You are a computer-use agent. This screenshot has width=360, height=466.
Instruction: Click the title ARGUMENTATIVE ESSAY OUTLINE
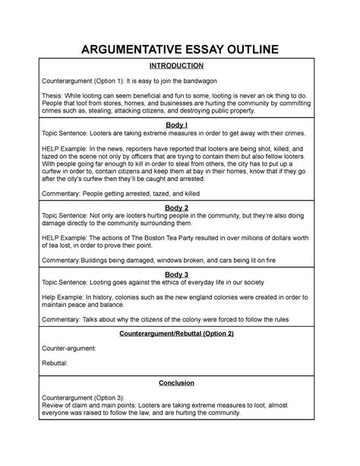[180, 51]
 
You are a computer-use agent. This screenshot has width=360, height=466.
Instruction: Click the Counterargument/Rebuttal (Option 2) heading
[180, 334]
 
